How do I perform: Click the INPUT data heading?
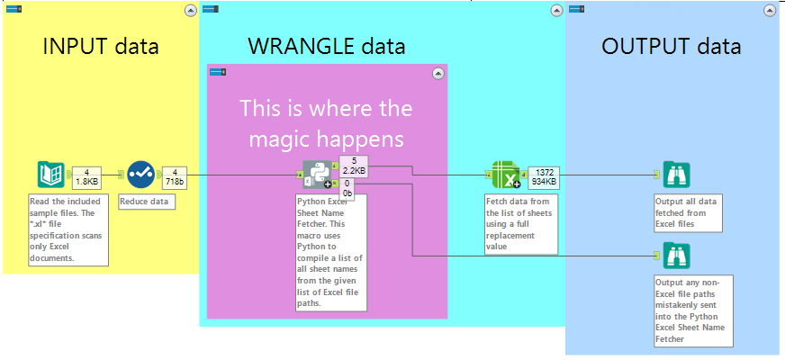click(101, 46)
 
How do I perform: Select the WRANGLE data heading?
click(327, 46)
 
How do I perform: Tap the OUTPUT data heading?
click(671, 46)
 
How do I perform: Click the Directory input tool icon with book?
click(51, 174)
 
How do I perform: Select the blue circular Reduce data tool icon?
click(140, 174)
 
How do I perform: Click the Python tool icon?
click(320, 175)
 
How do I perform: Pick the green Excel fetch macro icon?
click(507, 174)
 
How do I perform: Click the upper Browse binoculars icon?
click(675, 174)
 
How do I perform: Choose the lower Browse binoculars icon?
click(675, 256)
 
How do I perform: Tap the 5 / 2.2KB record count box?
click(354, 165)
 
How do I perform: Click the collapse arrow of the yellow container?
click(190, 10)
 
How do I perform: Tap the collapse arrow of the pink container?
click(438, 73)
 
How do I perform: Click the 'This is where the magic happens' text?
click(326, 123)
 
